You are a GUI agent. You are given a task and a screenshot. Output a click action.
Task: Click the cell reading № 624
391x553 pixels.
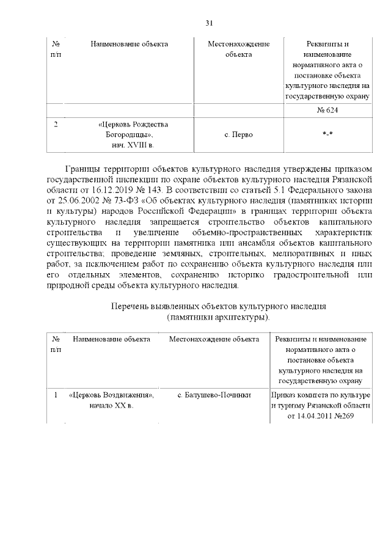click(327, 111)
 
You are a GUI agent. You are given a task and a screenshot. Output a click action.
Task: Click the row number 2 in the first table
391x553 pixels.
click(56, 125)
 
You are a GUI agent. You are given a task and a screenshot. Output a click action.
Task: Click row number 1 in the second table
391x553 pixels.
click(56, 395)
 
